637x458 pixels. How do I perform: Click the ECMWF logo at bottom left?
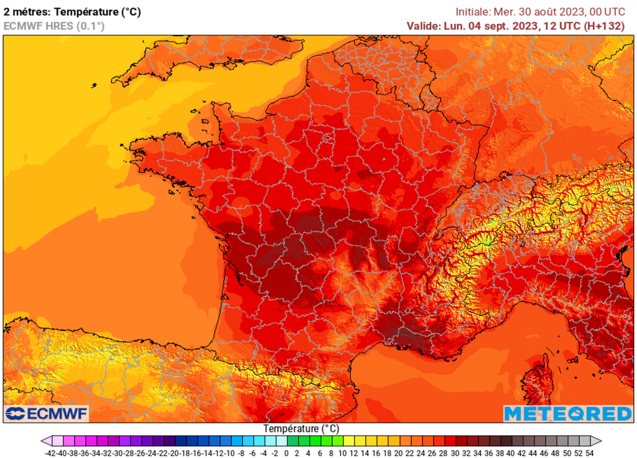(47, 413)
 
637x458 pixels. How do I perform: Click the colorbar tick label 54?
(589, 454)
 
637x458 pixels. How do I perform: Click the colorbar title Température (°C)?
(301, 429)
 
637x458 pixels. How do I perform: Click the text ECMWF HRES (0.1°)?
(54, 26)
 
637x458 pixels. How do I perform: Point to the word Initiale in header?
(473, 12)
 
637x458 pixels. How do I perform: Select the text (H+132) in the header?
(605, 26)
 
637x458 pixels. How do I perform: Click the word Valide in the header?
(422, 26)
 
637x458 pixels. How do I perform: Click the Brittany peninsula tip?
(138, 152)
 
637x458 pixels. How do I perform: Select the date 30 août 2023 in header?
(549, 12)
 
